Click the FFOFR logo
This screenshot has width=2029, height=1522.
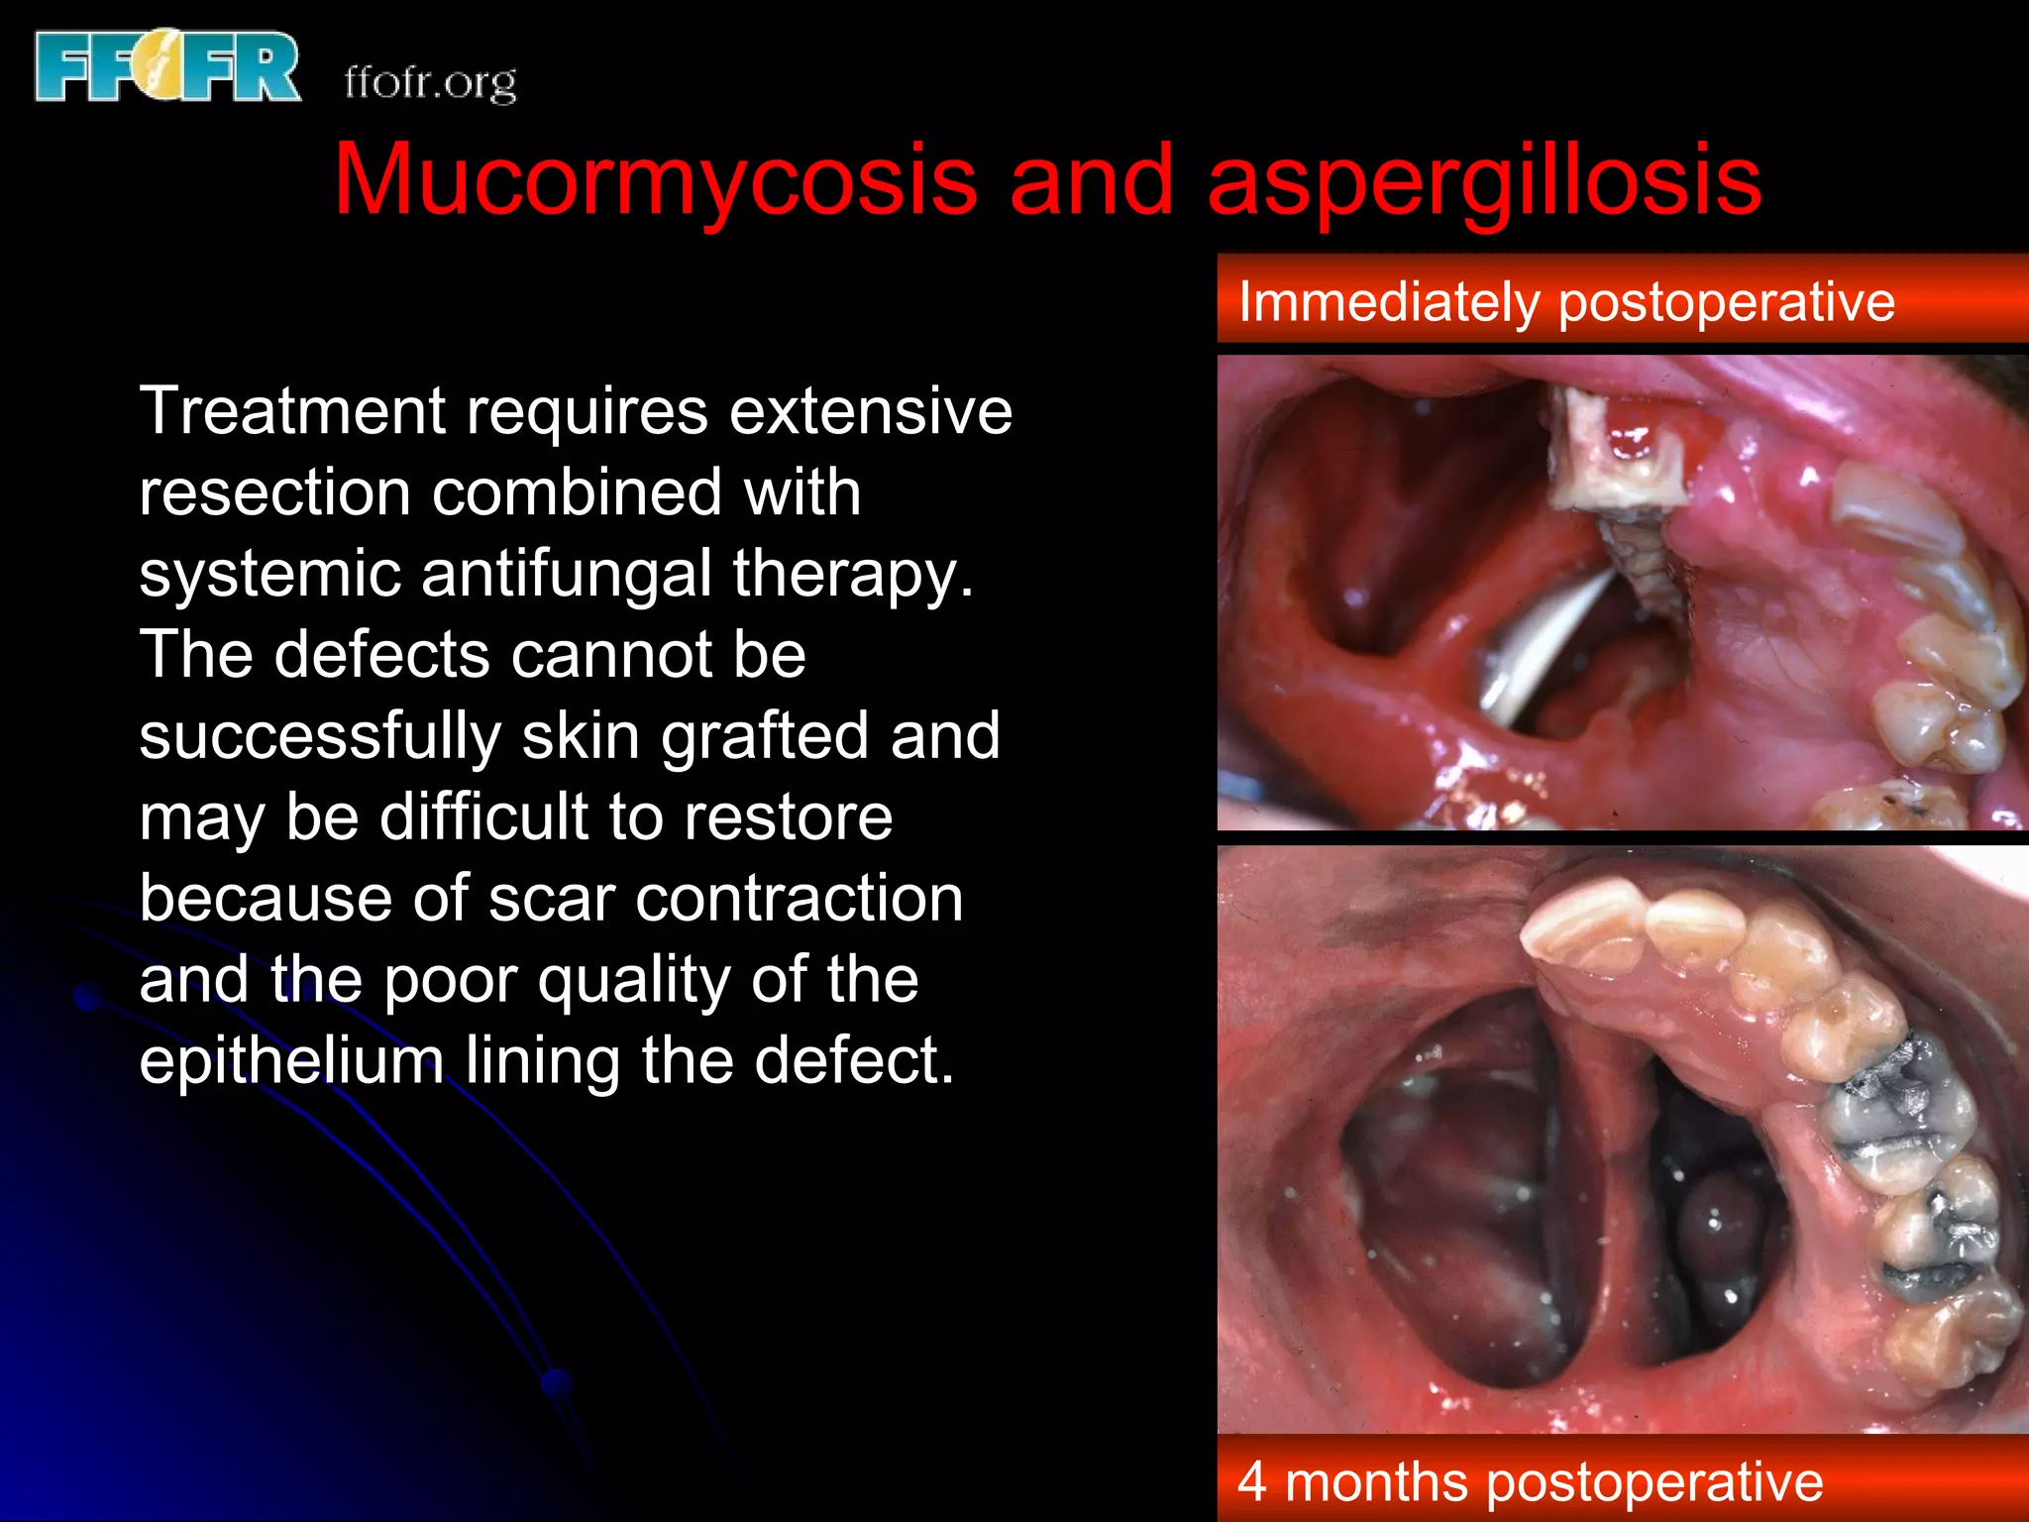tap(166, 66)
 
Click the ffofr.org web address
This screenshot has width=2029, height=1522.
tap(430, 83)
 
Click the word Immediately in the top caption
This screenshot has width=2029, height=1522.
tap(1387, 301)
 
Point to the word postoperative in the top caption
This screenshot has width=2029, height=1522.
tap(1726, 303)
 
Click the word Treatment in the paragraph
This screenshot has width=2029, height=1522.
tap(293, 410)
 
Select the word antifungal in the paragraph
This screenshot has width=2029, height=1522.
tap(566, 574)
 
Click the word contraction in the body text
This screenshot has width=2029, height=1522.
tap(799, 899)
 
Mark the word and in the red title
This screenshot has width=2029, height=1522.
tap(1091, 180)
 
